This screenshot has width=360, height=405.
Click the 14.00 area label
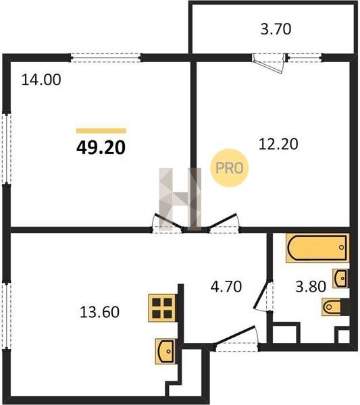point(41,80)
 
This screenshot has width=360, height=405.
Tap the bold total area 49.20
point(101,148)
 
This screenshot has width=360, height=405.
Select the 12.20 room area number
point(278,144)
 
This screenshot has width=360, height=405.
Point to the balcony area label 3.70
point(276,29)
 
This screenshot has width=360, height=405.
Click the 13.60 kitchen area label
point(99,312)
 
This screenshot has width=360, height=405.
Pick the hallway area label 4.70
point(226,286)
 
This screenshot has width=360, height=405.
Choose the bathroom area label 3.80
point(311,286)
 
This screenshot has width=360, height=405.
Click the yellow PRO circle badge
point(229,168)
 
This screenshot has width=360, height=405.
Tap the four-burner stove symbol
point(162,308)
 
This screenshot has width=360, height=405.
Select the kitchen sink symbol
point(165,352)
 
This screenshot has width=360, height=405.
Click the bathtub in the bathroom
point(317,248)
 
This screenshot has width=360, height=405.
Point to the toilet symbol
point(336,307)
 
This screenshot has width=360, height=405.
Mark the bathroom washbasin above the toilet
point(340,278)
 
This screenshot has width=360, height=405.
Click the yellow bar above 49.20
point(101,131)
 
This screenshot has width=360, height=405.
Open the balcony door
point(269,63)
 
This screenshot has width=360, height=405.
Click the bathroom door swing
point(263,296)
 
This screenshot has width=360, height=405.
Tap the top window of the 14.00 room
point(106,57)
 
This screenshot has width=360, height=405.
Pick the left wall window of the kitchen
point(7,316)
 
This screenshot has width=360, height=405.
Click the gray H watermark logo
point(180,199)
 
